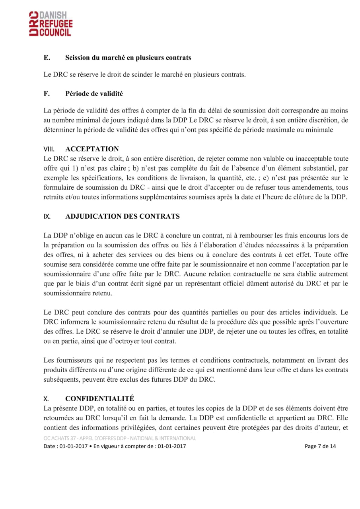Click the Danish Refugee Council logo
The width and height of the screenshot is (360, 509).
coord(51,24)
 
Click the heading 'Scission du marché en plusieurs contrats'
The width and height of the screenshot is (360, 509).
coord(128,58)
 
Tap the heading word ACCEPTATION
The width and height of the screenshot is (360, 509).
coord(92,149)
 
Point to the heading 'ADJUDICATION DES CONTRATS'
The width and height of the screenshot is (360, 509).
coord(122,217)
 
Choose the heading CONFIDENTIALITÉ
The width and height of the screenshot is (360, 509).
coord(99,398)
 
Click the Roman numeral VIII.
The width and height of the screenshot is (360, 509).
coord(49,150)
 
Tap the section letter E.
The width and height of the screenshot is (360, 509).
coord(47,58)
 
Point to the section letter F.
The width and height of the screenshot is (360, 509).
coord(46,94)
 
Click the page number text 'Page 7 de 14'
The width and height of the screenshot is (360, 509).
coord(320,446)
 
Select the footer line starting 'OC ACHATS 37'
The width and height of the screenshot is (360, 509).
coord(120,438)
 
